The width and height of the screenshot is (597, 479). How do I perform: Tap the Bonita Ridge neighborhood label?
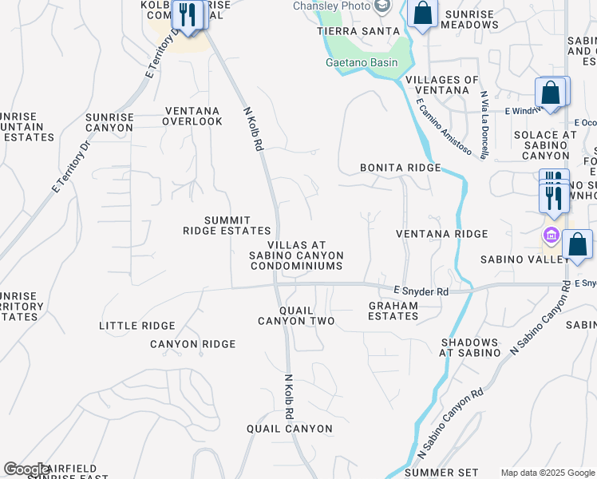click(x=400, y=168)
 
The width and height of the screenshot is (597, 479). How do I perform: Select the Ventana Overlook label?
click(x=192, y=117)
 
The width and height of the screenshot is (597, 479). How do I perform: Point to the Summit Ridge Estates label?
click(x=216, y=225)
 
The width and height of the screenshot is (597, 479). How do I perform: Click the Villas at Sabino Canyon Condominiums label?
click(x=297, y=255)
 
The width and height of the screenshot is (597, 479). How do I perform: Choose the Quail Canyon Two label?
click(x=295, y=315)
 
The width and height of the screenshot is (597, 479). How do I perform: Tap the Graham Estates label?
click(x=393, y=311)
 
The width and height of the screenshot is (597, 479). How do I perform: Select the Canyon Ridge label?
click(x=193, y=344)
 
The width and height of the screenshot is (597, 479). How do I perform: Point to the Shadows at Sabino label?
click(x=469, y=347)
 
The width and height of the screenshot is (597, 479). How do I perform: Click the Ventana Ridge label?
click(x=442, y=234)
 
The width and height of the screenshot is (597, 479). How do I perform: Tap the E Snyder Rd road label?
click(x=421, y=291)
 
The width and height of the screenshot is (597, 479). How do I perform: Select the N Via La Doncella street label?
click(x=484, y=125)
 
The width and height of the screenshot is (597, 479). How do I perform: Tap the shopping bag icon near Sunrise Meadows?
click(x=422, y=14)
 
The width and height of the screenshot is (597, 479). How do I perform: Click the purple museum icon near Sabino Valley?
click(x=551, y=236)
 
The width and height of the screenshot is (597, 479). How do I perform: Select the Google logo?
click(x=26, y=469)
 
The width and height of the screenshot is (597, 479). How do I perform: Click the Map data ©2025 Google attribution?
click(x=547, y=473)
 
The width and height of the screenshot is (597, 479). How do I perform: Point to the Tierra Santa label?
click(x=358, y=30)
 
